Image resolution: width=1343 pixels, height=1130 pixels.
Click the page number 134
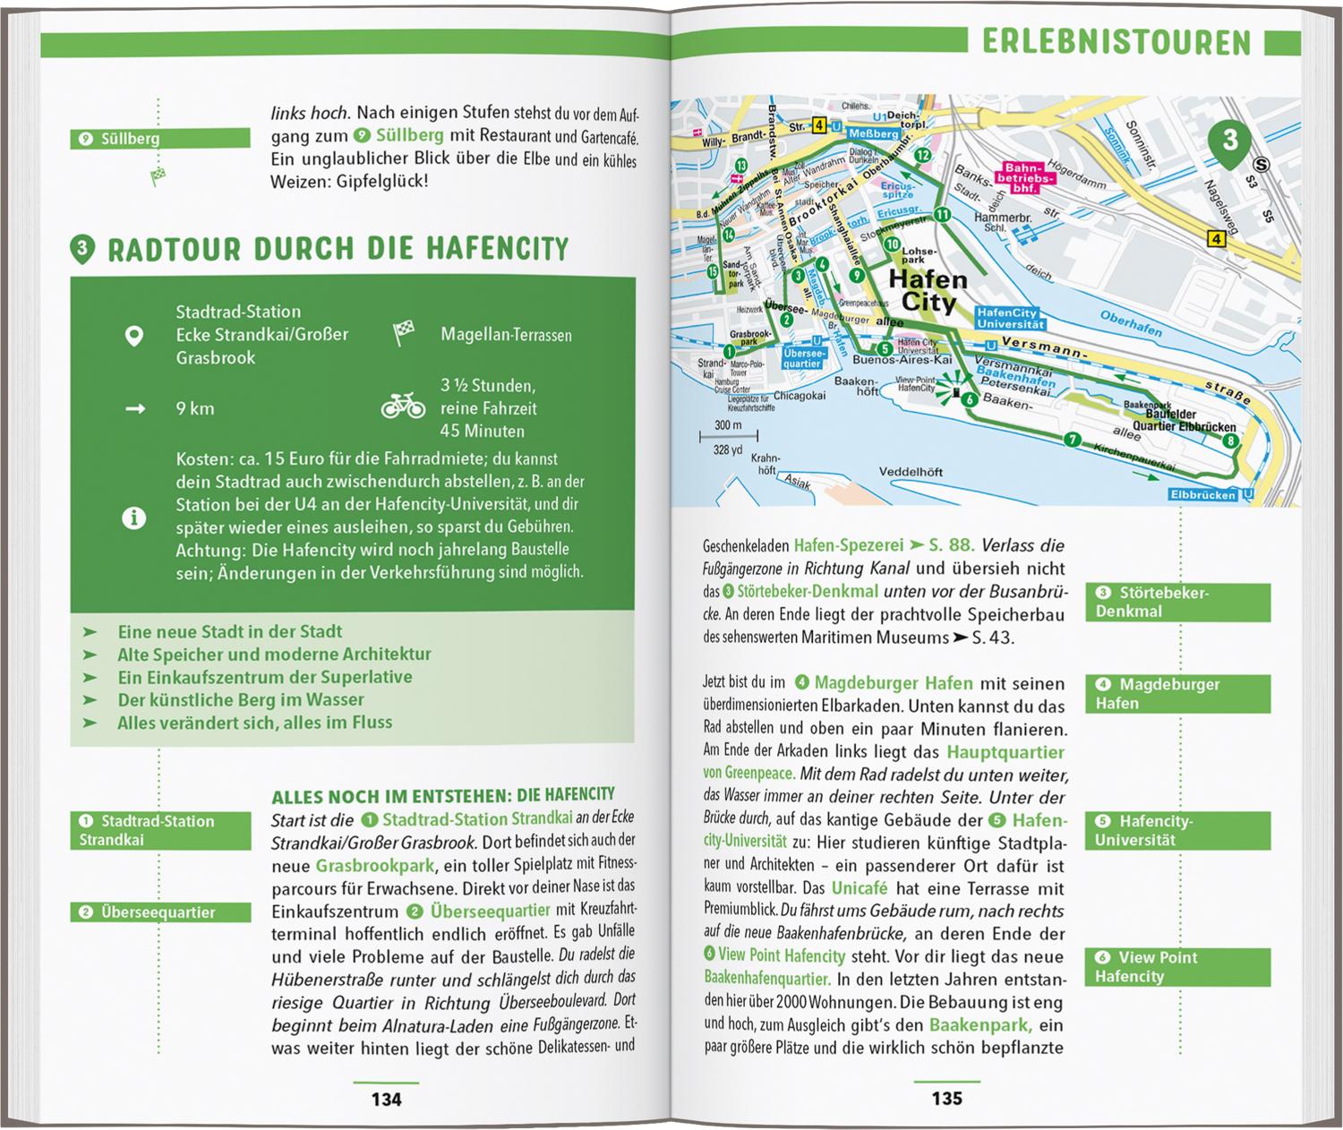pyautogui.click(x=386, y=1099)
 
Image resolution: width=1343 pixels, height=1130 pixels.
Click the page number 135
pyautogui.click(x=946, y=1099)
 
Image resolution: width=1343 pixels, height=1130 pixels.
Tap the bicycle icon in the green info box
pyautogui.click(x=403, y=408)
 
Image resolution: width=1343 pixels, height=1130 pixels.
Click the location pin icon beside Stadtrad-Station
pyautogui.click(x=134, y=336)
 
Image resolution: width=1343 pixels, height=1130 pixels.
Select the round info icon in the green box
pyautogui.click(x=134, y=518)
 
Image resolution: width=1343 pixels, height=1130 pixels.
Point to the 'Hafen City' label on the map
pyautogui.click(x=928, y=291)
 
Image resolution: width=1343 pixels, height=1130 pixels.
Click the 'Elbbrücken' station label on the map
pyautogui.click(x=1202, y=495)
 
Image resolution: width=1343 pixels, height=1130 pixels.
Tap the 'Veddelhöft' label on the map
pyautogui.click(x=911, y=472)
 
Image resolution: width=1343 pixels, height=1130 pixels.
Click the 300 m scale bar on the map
pyautogui.click(x=729, y=437)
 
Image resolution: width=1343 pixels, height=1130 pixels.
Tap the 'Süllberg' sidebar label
pyautogui.click(x=160, y=139)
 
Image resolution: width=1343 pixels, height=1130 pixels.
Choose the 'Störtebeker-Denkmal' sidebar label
pyautogui.click(x=1178, y=603)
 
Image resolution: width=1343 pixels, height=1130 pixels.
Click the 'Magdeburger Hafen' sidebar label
pyautogui.click(x=1178, y=694)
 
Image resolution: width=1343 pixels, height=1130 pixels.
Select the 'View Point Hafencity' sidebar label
pyautogui.click(x=1178, y=967)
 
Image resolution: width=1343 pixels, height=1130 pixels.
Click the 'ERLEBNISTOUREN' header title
pyautogui.click(x=1116, y=42)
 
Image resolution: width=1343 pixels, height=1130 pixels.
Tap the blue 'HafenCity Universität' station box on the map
pyautogui.click(x=1006, y=319)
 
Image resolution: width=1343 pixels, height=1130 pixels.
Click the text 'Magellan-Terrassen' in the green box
pyautogui.click(x=506, y=335)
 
